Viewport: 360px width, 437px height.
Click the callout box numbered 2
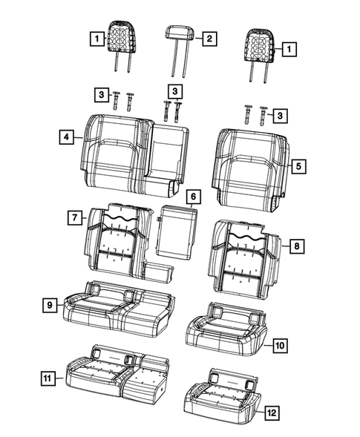[x=209, y=38]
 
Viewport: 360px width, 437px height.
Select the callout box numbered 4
[x=68, y=137]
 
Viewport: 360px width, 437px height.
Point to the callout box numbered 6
[x=192, y=197]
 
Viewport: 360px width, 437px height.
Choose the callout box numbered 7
[x=75, y=217]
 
